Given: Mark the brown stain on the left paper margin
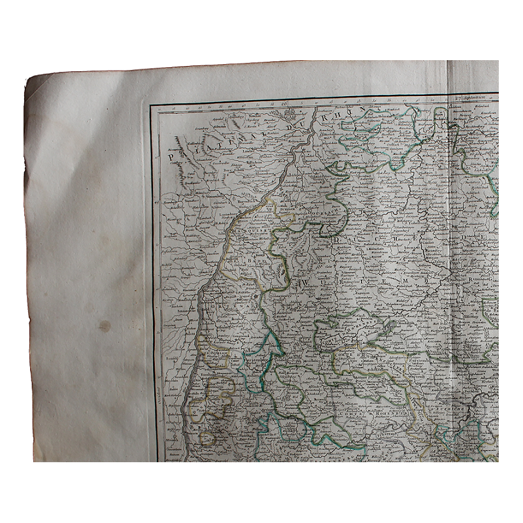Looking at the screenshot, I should coord(104,325).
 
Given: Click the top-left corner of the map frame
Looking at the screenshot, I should coord(151,105).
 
